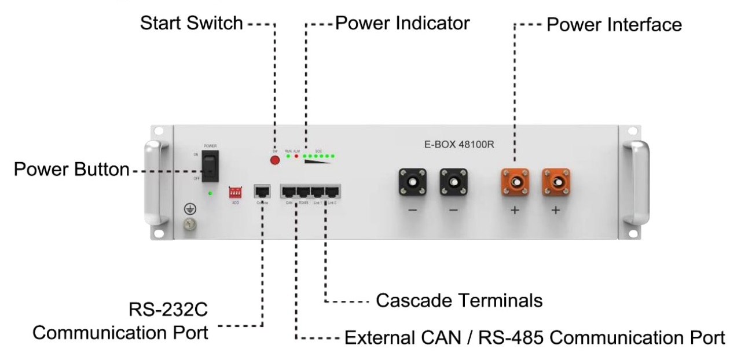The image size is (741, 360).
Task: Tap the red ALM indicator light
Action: click(x=296, y=156)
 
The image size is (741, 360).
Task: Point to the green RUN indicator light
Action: click(x=288, y=156)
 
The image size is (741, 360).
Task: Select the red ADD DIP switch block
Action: click(x=236, y=192)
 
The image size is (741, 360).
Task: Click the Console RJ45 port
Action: click(x=262, y=192)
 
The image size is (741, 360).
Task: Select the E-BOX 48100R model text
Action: click(x=456, y=145)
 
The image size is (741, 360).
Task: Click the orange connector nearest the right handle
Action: click(x=556, y=182)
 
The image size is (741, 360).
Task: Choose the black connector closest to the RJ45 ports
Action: click(x=412, y=182)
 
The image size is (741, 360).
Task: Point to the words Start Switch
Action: click(x=192, y=24)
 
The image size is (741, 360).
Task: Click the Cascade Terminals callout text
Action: click(x=459, y=301)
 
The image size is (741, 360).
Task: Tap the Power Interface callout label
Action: click(x=614, y=25)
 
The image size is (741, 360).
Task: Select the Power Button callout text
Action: click(x=72, y=170)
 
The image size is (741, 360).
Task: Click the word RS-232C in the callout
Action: click(x=168, y=310)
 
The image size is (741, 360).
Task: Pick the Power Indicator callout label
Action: click(x=402, y=24)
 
